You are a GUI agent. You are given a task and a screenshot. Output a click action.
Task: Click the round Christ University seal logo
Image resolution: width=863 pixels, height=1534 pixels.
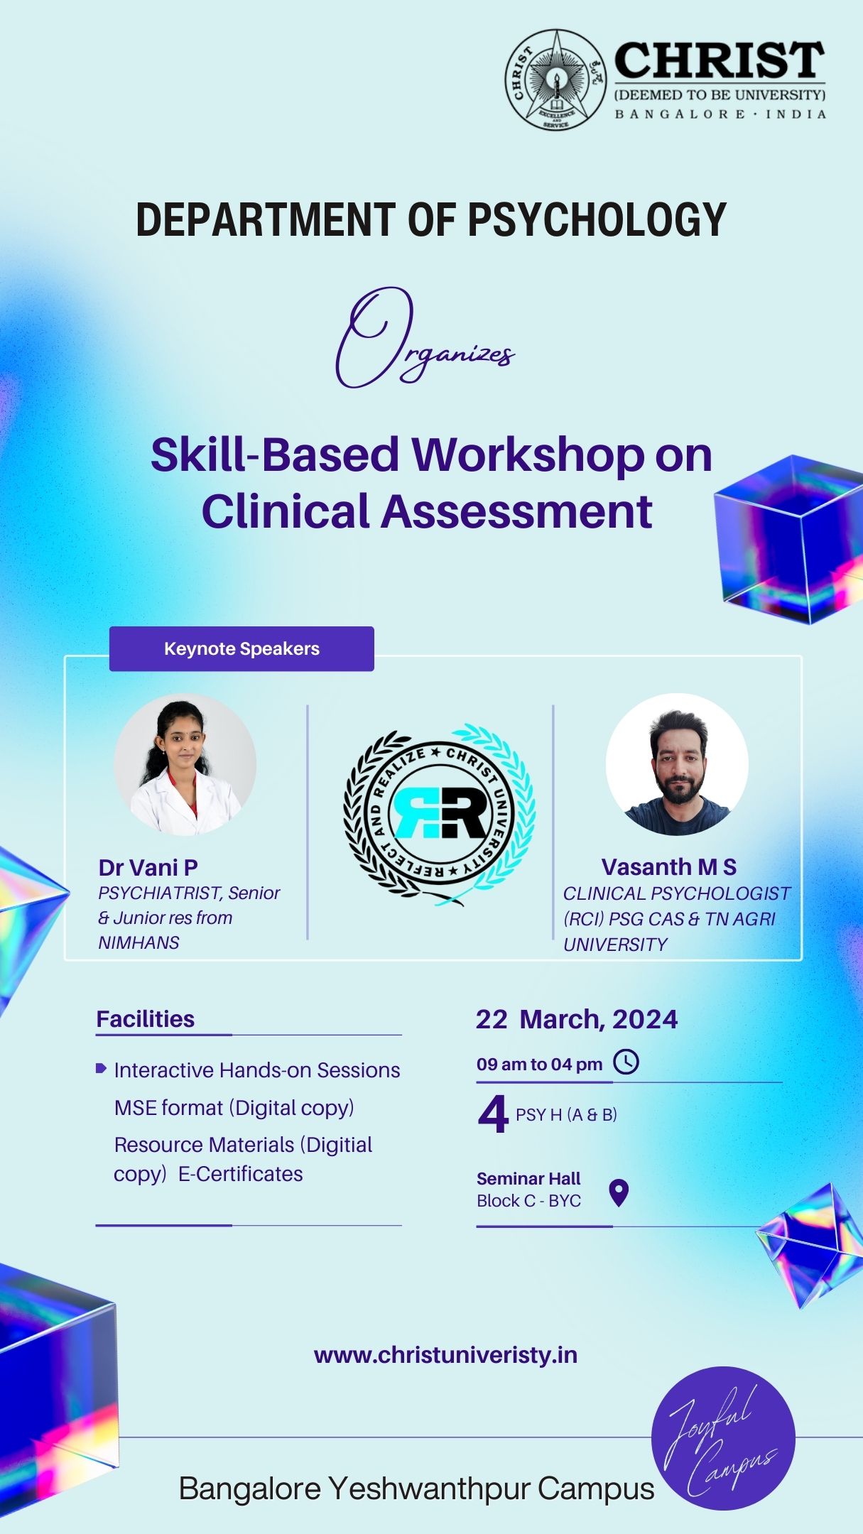point(555,80)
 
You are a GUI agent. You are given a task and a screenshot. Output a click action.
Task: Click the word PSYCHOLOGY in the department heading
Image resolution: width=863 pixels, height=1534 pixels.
point(597,219)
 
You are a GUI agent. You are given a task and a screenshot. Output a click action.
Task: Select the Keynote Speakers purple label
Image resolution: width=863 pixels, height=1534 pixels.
point(241,648)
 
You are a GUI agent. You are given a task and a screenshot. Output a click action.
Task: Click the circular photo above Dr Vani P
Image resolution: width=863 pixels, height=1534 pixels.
point(185,764)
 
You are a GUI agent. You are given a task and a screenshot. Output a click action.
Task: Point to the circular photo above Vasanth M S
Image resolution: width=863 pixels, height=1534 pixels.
point(677,764)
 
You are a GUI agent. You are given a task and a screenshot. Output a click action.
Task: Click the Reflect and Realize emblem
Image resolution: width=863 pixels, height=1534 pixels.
point(439,815)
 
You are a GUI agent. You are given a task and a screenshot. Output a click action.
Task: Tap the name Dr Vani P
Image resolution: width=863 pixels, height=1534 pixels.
point(148,867)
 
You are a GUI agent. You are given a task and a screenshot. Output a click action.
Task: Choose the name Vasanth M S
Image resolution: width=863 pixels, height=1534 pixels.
point(668,866)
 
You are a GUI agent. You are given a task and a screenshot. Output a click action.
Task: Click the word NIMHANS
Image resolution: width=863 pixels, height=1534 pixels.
point(139,942)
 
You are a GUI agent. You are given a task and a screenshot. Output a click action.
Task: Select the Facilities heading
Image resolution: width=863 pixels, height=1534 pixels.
point(145,1019)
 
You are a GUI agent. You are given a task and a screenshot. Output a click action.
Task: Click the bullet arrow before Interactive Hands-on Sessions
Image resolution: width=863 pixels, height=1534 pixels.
point(101,1068)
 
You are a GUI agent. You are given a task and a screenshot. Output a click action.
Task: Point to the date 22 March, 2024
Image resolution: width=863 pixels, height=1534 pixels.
point(577,1019)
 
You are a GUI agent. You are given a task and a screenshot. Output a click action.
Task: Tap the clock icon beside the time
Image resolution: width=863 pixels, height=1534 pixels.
point(626,1062)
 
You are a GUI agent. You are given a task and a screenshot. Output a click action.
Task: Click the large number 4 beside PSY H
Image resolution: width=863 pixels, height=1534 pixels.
point(493,1114)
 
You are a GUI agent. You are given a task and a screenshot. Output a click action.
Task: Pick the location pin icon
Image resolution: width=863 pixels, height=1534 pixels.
point(619,1193)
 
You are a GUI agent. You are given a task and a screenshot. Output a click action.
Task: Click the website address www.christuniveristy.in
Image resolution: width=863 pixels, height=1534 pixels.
point(445,1355)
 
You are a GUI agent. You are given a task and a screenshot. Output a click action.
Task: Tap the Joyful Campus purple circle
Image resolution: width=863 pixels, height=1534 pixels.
point(723,1439)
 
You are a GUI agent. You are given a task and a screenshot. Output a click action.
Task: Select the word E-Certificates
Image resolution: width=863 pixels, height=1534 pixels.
point(240,1174)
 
